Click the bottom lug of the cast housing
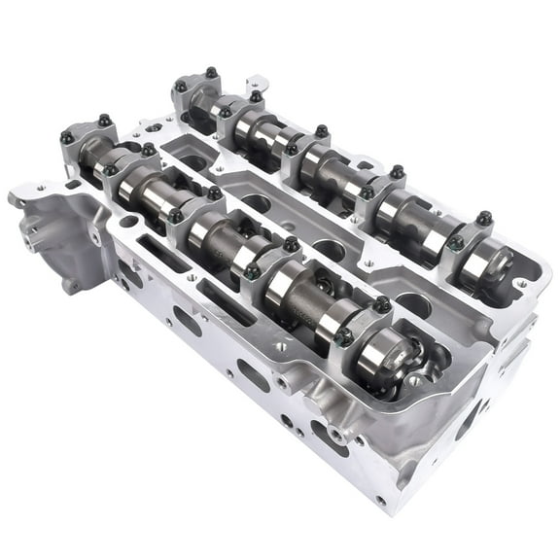click(x=71, y=286)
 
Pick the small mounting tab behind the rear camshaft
click(x=257, y=84)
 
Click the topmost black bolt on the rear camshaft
click(x=211, y=73)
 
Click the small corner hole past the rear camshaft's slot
click(x=523, y=285)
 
